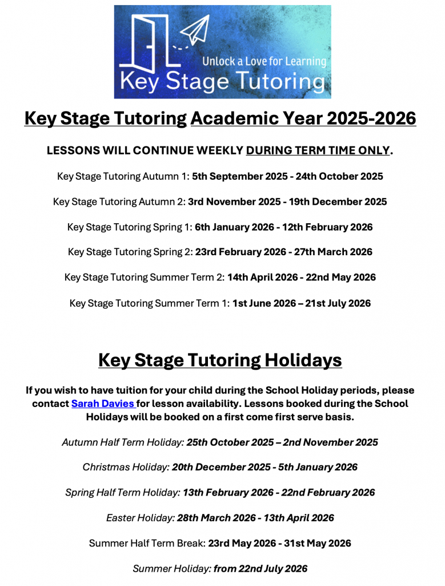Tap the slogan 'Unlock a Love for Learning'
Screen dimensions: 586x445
point(264,61)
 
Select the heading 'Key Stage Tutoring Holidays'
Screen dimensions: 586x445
point(220,361)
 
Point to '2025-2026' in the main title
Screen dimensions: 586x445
point(371,118)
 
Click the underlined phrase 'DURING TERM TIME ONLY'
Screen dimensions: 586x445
point(318,151)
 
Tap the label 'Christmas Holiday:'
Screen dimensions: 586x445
point(126,468)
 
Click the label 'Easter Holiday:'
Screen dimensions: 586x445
point(140,518)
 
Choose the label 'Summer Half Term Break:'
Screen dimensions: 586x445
point(147,543)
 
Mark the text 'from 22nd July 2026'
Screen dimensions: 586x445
point(260,569)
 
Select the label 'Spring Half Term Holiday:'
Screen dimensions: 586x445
point(123,493)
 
